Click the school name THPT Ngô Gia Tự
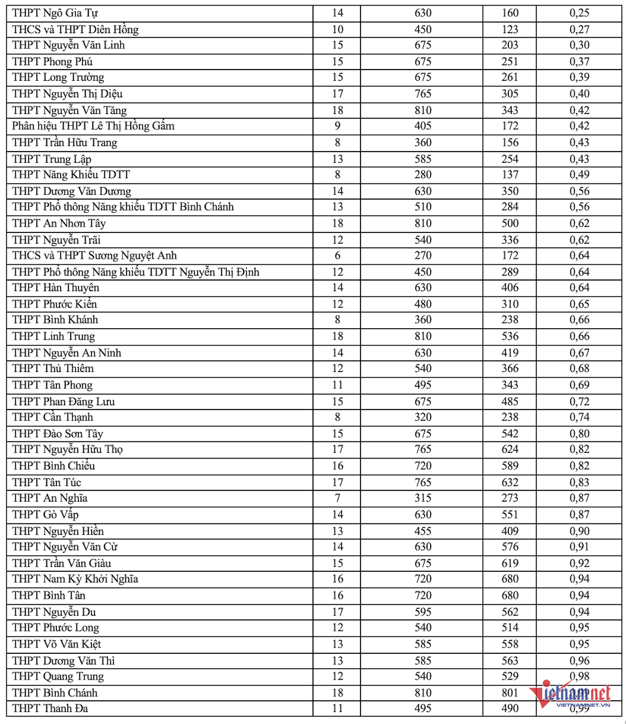(54, 13)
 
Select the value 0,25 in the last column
(579, 13)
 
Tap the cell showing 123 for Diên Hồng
(510, 29)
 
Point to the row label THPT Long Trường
(58, 78)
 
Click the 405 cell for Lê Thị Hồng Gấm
(423, 126)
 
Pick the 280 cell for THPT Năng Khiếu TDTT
(423, 175)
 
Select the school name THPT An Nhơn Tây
(59, 224)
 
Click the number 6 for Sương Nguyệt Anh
(337, 256)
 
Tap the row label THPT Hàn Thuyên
(56, 288)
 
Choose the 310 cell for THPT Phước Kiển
(510, 304)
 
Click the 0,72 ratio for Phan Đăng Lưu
(579, 401)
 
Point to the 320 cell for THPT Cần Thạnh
(423, 417)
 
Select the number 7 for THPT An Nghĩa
(337, 499)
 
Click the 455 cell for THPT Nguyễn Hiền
(423, 531)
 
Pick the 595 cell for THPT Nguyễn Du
(423, 612)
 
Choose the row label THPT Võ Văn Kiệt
(56, 644)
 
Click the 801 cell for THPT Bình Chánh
(510, 693)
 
